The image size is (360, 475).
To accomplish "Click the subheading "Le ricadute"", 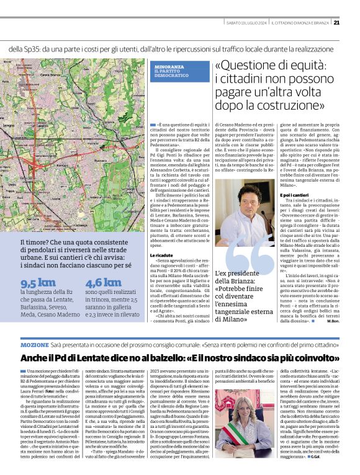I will click(x=160, y=254).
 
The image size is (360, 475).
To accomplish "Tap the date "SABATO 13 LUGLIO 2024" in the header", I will click(x=246, y=24).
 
